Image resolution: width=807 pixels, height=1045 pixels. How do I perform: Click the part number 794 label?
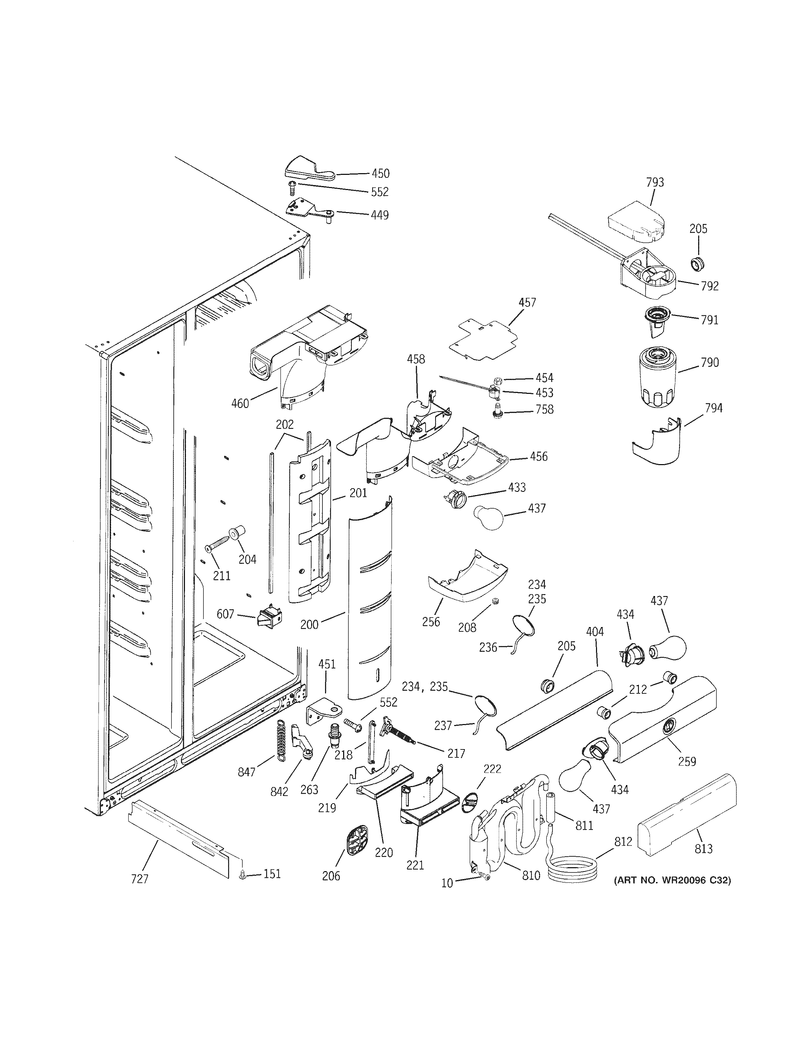(713, 408)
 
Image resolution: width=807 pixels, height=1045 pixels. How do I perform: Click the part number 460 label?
(240, 403)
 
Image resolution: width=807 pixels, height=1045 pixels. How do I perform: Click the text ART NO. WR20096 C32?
(672, 880)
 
